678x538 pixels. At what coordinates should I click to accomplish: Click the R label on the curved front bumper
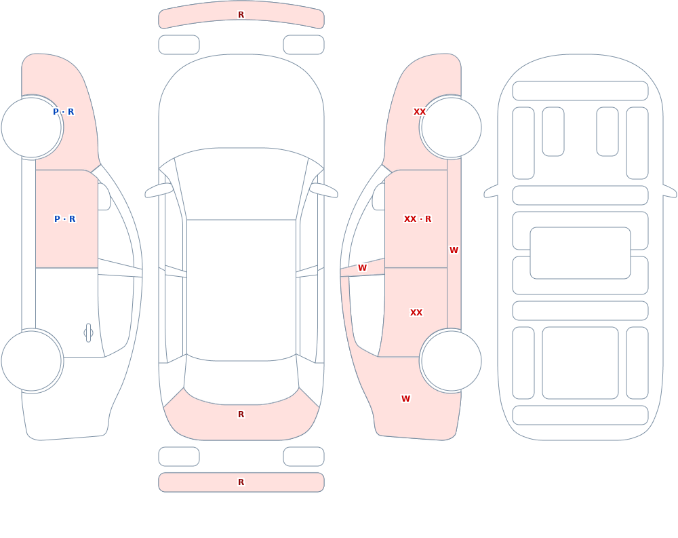click(241, 15)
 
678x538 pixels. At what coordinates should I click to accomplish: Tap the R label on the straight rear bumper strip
click(241, 482)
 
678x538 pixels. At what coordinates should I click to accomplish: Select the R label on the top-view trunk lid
click(241, 415)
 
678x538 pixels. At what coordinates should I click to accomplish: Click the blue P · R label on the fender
click(64, 112)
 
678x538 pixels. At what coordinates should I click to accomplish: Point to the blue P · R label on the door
click(65, 218)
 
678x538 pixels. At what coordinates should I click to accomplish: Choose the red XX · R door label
click(418, 218)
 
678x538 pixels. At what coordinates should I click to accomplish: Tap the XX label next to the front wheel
click(420, 112)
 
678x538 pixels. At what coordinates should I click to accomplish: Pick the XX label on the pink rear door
click(416, 313)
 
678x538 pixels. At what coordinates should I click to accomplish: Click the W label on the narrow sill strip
click(454, 250)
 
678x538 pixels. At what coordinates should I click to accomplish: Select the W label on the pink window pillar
click(362, 267)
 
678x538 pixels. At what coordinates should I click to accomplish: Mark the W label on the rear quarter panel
click(405, 399)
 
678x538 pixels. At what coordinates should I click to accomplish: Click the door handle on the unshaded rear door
click(88, 333)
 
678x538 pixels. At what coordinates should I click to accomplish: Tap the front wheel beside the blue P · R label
click(32, 128)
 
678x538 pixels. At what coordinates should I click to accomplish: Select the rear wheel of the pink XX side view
click(451, 361)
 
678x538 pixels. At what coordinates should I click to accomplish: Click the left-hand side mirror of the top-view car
click(159, 191)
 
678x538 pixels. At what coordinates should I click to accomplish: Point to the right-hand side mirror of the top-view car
click(323, 191)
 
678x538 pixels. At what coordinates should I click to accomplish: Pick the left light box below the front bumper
click(179, 45)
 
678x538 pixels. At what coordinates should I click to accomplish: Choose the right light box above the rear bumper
click(304, 457)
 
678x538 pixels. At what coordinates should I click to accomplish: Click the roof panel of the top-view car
click(241, 290)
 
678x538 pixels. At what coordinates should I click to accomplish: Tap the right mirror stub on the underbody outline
click(670, 191)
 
